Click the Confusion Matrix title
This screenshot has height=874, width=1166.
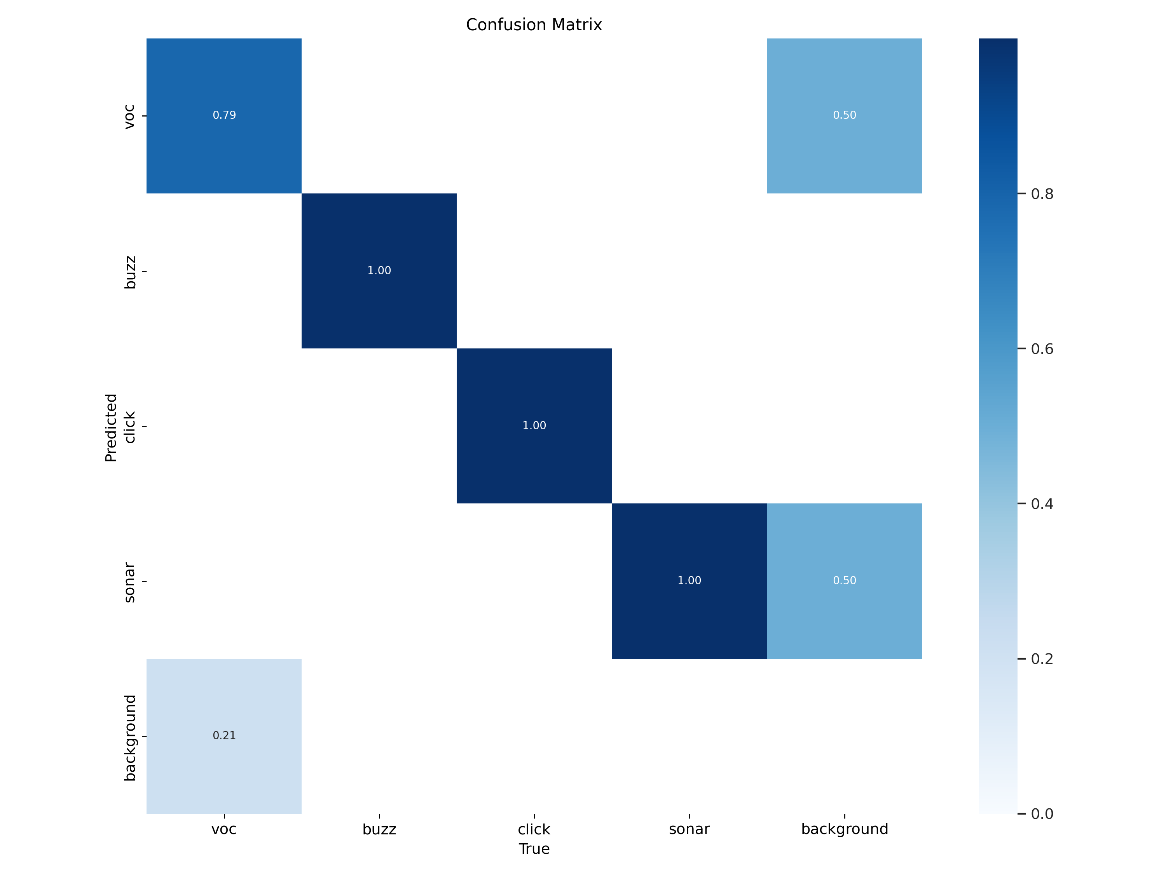click(534, 25)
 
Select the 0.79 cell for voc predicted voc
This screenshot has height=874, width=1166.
click(224, 115)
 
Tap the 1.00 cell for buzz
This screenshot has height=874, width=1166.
click(379, 271)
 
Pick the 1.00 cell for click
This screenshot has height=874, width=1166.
click(534, 426)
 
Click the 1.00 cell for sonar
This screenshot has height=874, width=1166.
click(689, 581)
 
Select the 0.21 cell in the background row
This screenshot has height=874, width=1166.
click(224, 735)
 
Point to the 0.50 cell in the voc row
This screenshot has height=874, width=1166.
click(845, 115)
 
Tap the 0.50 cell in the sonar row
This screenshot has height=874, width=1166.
click(845, 581)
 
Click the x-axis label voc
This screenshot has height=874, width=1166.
click(224, 829)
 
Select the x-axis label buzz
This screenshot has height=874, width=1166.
click(379, 829)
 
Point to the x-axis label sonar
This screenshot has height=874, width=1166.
click(689, 829)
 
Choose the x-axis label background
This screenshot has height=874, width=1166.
click(845, 829)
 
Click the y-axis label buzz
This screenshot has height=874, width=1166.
click(130, 272)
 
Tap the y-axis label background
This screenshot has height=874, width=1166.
click(130, 738)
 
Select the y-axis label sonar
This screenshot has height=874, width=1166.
click(130, 582)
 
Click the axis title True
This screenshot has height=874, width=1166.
click(534, 849)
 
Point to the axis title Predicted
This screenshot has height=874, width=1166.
click(111, 427)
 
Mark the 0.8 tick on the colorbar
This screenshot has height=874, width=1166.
click(1042, 194)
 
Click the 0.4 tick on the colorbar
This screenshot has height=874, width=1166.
click(1042, 504)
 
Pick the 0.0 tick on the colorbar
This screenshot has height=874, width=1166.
click(1042, 814)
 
